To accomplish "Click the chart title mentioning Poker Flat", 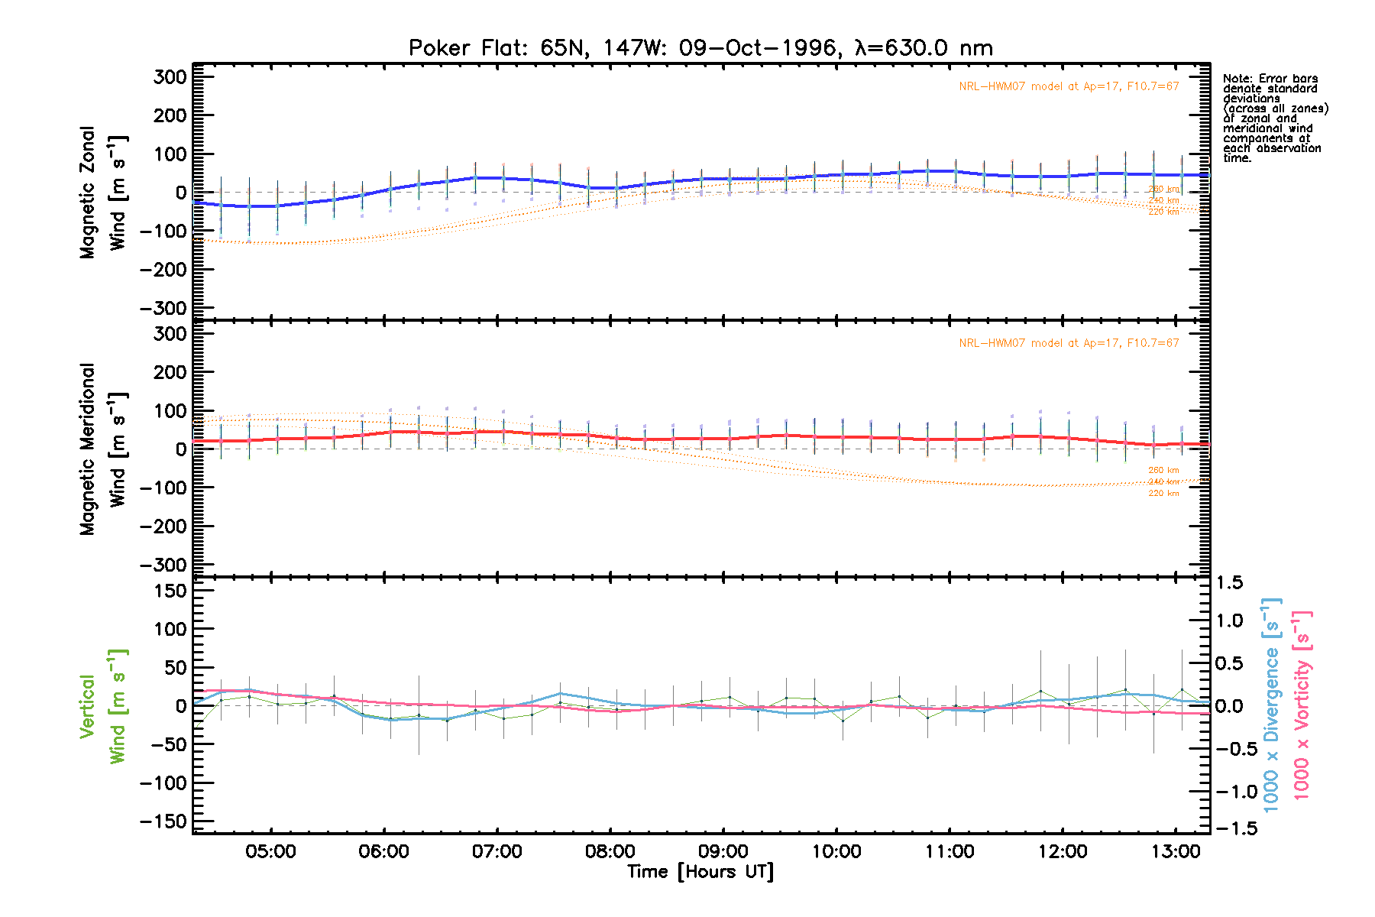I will tap(700, 48).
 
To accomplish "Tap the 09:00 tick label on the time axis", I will tap(723, 852).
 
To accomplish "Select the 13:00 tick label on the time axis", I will tap(1176, 852).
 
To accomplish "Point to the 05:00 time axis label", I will tap(270, 852).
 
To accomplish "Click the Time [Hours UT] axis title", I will tap(700, 872).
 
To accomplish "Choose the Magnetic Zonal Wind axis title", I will tap(103, 193).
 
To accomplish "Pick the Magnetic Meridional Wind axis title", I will tap(103, 449).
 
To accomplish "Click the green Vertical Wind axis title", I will tap(103, 706).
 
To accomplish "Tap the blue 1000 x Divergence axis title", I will tap(1272, 705).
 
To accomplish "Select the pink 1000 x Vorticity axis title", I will tap(1302, 705).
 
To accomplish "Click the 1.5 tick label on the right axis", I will tap(1229, 583).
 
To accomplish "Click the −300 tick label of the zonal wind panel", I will tap(163, 308).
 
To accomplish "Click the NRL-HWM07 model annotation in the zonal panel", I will tap(1069, 86).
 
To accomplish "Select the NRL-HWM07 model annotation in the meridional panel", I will tap(1069, 343).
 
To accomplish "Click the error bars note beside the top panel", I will tap(1274, 118).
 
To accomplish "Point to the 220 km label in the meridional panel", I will tap(1163, 494).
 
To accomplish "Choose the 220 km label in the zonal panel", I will tap(1163, 212).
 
